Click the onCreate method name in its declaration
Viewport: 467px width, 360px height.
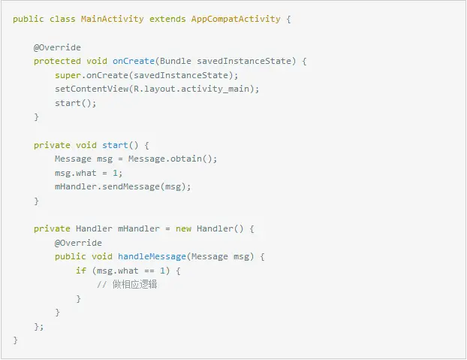click(134, 61)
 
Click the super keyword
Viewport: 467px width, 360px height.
click(68, 75)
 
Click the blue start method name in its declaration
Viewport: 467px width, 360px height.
click(115, 145)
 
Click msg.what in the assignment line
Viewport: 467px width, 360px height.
click(76, 173)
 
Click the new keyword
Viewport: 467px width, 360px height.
click(183, 228)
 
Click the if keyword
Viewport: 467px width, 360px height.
click(80, 271)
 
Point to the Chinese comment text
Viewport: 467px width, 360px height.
click(137, 285)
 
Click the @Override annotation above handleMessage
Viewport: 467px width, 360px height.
click(78, 243)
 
